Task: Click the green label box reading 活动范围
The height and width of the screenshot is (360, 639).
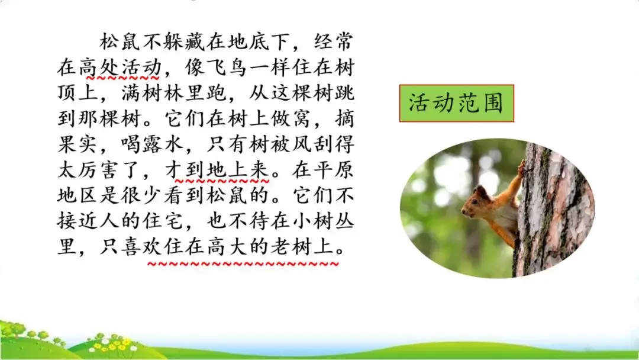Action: pos(456,104)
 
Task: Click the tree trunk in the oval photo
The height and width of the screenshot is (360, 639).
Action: pos(553,207)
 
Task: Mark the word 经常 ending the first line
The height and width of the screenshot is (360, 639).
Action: pos(332,43)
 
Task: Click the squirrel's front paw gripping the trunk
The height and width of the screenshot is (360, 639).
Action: pos(521,168)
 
